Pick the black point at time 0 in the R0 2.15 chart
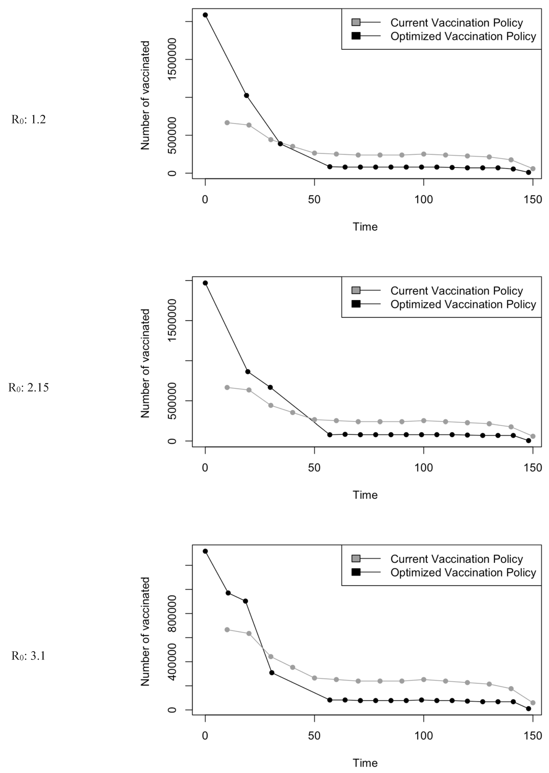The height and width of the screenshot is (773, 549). pyautogui.click(x=205, y=283)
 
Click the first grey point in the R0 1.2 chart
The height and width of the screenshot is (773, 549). pyautogui.click(x=227, y=122)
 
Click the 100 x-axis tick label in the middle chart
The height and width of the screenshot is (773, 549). pyautogui.click(x=424, y=468)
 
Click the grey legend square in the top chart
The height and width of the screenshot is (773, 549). pyautogui.click(x=356, y=22)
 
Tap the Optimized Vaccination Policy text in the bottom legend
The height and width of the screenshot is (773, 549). pyautogui.click(x=463, y=572)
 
